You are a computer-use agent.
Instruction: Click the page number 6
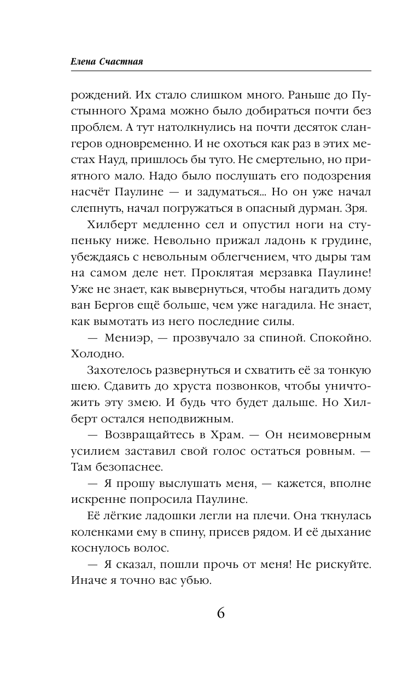tap(221, 613)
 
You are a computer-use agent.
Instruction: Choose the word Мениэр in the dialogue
tap(121, 340)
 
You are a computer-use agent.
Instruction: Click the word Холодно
tap(94, 355)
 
